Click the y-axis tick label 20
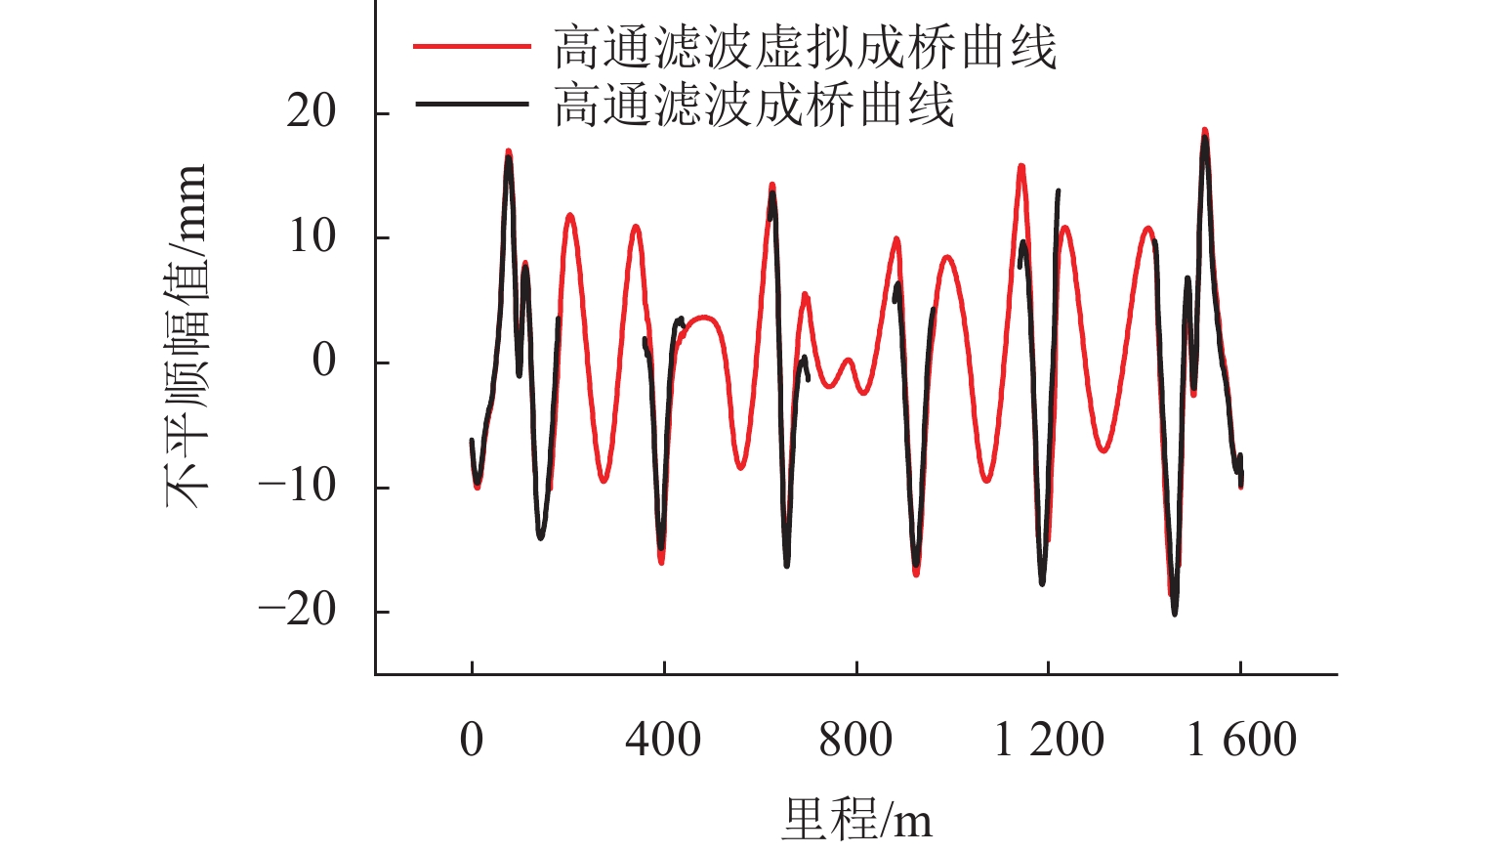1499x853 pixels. tap(311, 112)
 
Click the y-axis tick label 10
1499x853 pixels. tap(311, 236)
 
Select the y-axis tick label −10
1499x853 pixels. tap(297, 486)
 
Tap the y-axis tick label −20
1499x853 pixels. tap(297, 610)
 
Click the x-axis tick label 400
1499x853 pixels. tap(663, 740)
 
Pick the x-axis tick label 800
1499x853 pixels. tap(855, 740)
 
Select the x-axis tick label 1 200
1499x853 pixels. tap(1049, 740)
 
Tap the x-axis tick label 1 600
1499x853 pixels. tap(1241, 740)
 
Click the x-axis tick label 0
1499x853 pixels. tap(472, 740)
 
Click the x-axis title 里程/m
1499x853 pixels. tap(856, 819)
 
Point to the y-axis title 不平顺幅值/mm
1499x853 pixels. tap(186, 337)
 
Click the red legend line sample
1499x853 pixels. tap(472, 47)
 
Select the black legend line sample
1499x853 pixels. tap(472, 104)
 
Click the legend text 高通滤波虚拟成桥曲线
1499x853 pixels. tap(806, 47)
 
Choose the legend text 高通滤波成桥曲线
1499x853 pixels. tap(754, 104)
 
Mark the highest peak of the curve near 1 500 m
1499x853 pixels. tap(1204, 131)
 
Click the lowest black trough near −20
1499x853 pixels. tap(1174, 613)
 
